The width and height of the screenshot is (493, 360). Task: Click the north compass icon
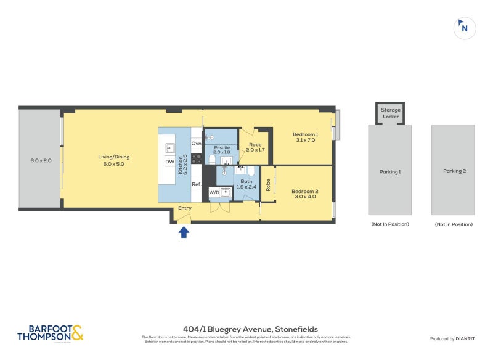coord(464,28)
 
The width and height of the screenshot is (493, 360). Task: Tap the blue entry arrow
coord(184,232)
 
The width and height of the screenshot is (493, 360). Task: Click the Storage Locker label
coord(391,113)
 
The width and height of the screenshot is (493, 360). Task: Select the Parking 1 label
coord(390,171)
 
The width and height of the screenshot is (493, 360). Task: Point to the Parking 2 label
coord(454,171)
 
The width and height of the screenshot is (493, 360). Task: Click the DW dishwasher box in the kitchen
coord(169,162)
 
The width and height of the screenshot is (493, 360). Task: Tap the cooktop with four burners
coord(197,159)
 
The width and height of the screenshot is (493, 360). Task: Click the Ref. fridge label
coord(197,184)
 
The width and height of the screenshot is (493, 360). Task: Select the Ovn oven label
coord(197,143)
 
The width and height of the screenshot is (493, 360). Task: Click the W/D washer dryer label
coord(214,192)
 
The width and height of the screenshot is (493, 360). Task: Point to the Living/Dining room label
coord(114,157)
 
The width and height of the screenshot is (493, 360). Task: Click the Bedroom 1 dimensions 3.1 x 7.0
coord(304,140)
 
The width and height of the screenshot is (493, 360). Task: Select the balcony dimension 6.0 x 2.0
coord(41,160)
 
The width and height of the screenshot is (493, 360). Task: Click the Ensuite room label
coord(222,148)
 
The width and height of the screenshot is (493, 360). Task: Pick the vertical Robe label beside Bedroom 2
coord(268,185)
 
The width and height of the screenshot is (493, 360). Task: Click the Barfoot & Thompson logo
coord(50,333)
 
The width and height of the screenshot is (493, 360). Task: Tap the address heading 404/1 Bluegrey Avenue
coord(250,329)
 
